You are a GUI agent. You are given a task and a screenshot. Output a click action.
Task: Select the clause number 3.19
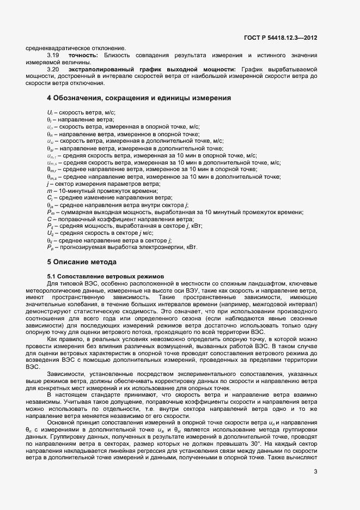click(53, 56)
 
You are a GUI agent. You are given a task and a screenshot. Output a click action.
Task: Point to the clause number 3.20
click(53, 70)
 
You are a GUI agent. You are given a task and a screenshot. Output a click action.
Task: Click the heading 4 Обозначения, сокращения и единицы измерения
click(139, 98)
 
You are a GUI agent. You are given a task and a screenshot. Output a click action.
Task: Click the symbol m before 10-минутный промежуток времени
click(50, 190)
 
